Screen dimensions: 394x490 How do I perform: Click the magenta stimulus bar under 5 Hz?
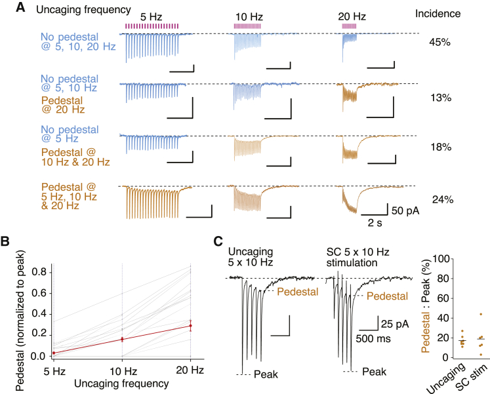point(152,26)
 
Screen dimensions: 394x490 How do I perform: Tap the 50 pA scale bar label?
point(406,212)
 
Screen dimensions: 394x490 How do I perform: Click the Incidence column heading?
point(441,13)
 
